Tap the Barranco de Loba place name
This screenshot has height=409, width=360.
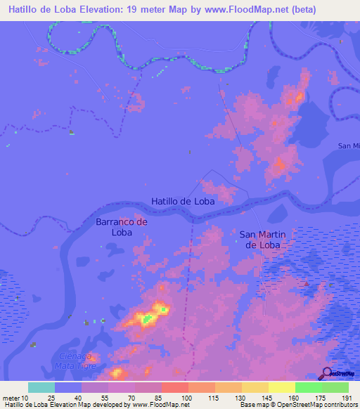pos(122,226)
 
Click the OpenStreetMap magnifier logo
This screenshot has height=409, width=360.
pos(327,373)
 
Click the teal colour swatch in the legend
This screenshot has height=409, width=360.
pos(41,387)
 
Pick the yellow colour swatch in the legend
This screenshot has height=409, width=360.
pos(282,387)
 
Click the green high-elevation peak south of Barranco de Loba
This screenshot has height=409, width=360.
pos(148,319)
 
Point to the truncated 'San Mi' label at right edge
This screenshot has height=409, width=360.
pos(348,145)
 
